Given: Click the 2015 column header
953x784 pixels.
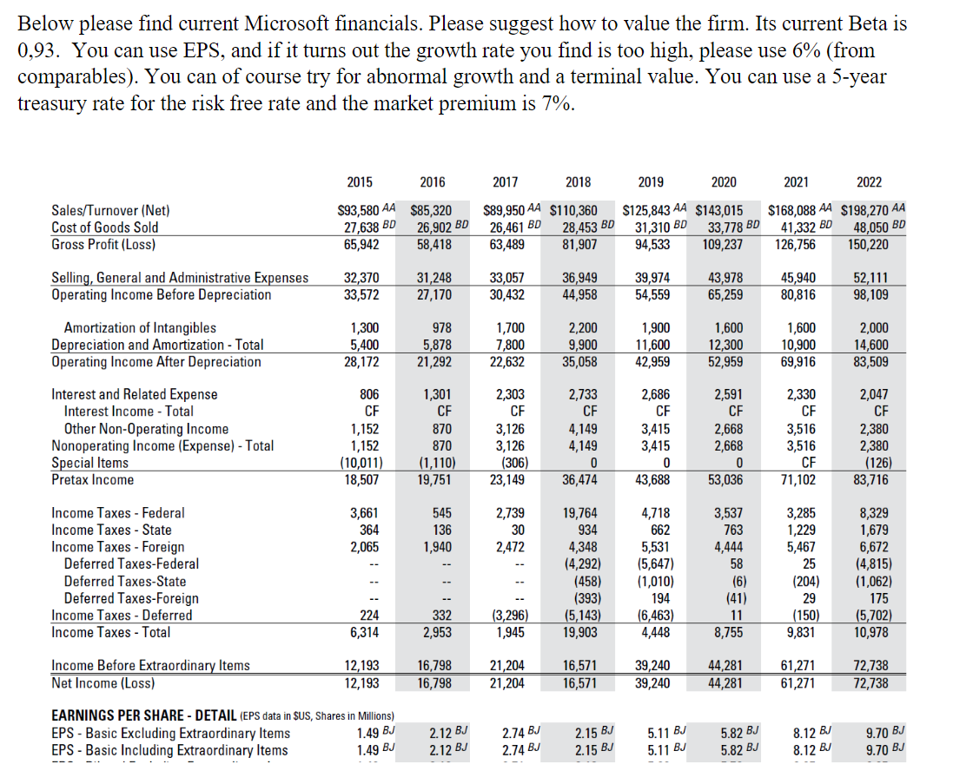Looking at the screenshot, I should [360, 181].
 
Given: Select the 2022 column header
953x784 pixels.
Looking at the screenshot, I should [868, 181].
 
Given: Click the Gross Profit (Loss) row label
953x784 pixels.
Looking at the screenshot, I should [103, 244].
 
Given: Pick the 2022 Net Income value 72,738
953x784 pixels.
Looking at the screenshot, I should [869, 682].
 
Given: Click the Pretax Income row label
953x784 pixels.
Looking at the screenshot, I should [93, 479].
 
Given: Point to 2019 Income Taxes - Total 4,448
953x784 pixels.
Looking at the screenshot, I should [651, 632].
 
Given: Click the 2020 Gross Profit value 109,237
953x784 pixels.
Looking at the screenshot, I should [723, 244].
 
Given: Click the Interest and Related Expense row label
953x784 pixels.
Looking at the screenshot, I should [135, 394].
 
